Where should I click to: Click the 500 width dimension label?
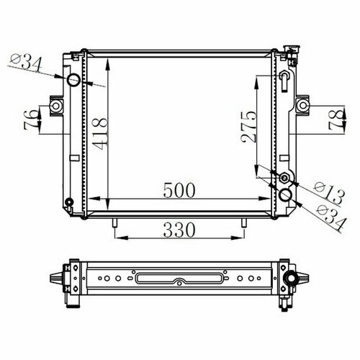coord(179,190)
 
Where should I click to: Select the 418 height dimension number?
coord(100,133)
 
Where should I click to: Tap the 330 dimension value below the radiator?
coord(179,230)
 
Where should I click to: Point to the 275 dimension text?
coord(248,127)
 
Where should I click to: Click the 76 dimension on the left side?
coord(31,120)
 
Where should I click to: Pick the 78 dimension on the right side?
coord(336,120)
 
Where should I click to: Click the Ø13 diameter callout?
coord(329,193)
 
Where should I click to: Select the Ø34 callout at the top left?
coord(27,63)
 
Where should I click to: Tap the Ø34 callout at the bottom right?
coord(332,217)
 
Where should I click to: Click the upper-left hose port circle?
coord(73,80)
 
